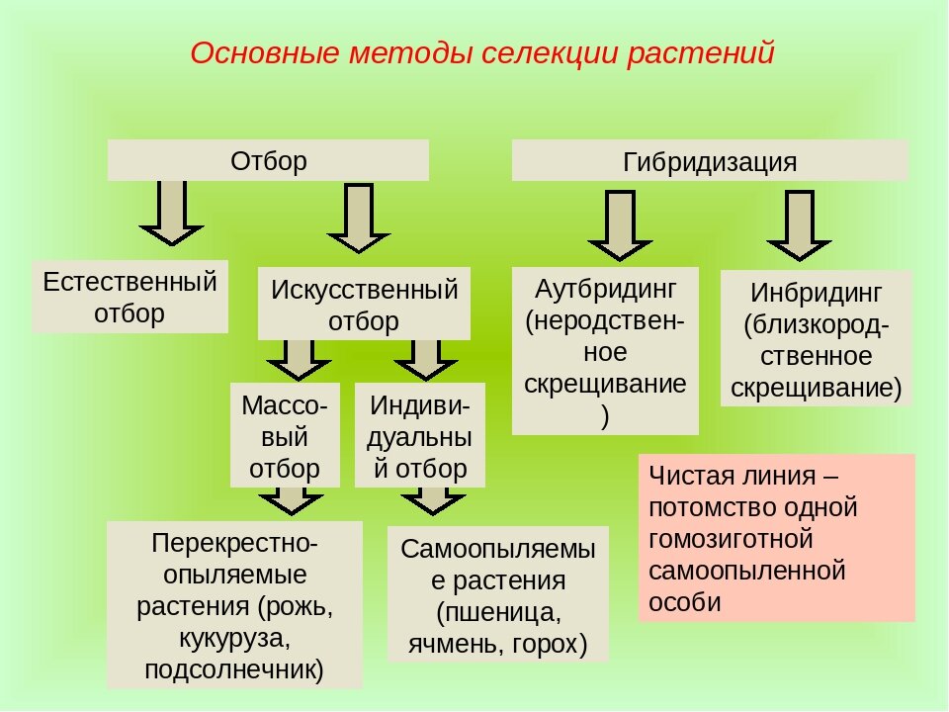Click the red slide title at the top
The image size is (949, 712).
pos(481,52)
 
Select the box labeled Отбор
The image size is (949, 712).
pos(268,160)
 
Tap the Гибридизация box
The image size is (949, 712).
pos(709,161)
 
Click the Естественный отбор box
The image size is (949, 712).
pos(129,297)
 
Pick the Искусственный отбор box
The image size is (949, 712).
pos(364,305)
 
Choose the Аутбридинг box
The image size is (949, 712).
pos(604,351)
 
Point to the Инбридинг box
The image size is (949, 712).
pos(816,339)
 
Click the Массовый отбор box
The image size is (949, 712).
pos(285,435)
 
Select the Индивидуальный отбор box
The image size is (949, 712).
pos(420,435)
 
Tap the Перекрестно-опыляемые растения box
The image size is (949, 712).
pos(234,605)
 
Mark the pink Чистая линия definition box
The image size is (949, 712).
pos(776,537)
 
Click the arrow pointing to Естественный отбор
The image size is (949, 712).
pos(171,213)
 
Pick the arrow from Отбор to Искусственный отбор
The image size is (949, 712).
pos(358,219)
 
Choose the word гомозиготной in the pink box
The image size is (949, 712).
pos(731,538)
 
